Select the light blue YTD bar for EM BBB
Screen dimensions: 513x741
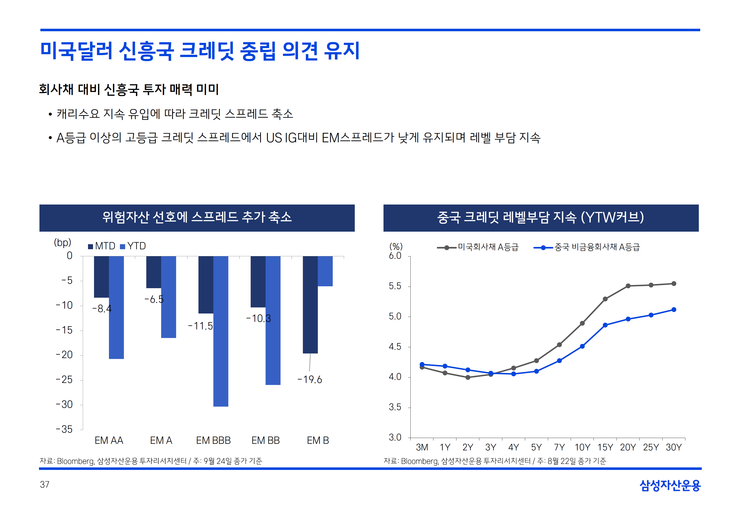click(x=221, y=331)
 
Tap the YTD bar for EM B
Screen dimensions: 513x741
click(x=325, y=271)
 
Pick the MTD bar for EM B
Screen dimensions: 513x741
click(x=310, y=304)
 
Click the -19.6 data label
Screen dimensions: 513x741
click(x=309, y=380)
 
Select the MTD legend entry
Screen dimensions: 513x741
click(x=101, y=246)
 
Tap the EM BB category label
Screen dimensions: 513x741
click(x=265, y=440)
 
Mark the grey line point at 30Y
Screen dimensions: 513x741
click(x=674, y=283)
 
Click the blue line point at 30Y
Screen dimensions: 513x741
click(x=674, y=310)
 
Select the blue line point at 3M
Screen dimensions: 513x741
click(x=422, y=364)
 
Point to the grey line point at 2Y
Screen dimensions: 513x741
click(x=468, y=377)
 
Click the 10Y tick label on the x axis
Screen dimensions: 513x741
click(x=582, y=447)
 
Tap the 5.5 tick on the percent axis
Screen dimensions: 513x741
click(x=395, y=286)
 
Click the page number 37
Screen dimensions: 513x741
click(x=45, y=484)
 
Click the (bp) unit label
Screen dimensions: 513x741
click(x=62, y=242)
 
